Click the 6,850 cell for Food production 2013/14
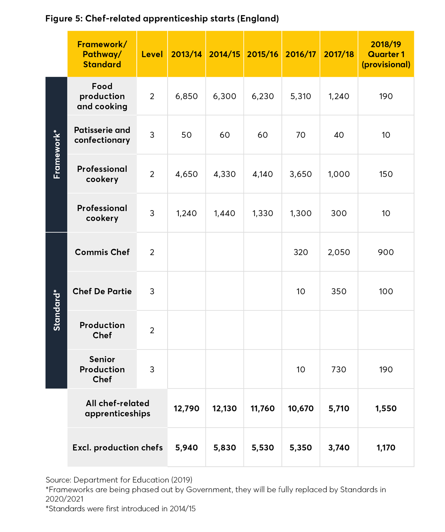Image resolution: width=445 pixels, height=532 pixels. pos(187,96)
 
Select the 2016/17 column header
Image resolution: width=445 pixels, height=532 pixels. pos(301,54)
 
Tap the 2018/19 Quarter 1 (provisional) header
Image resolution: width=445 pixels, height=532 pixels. pos(386,54)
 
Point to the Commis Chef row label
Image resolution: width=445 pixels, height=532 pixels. pos(102,252)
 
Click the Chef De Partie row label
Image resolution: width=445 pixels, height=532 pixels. pos(102,291)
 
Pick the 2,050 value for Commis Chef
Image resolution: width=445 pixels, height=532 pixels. pos(339,252)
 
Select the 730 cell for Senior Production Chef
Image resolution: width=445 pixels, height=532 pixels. pos(339,370)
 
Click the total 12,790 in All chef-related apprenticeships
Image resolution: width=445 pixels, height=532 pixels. pos(187,409)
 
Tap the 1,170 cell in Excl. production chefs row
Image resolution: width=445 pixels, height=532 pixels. pos(386,448)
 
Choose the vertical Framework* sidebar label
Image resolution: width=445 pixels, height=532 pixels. pos(56,154)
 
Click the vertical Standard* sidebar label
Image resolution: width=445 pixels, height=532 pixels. pos(56,311)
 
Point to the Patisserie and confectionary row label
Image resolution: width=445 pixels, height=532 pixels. pos(102,135)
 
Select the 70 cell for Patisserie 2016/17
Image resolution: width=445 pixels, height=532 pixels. pos(301,135)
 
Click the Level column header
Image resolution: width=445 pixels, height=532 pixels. pos(152,54)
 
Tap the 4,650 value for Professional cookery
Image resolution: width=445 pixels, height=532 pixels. pos(187,174)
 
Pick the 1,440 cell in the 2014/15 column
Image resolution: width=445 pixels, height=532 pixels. pos(225,214)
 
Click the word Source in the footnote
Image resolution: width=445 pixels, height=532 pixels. pos(58,480)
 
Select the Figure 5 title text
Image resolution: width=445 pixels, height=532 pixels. pos(162,19)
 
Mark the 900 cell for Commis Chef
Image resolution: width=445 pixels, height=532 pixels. pos(386,252)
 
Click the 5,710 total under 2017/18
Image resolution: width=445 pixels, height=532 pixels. pos(339,409)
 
